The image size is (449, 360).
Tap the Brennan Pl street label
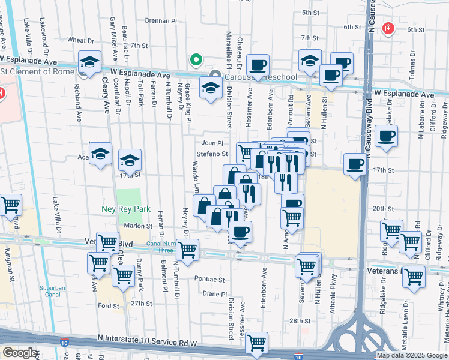coord(161,20)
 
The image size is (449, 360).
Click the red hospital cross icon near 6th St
coord(389,28)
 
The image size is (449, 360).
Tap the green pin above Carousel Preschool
coord(195,59)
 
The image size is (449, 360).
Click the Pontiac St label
coord(209,280)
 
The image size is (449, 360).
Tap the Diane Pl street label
coord(215,294)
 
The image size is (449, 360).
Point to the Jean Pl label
coord(212,143)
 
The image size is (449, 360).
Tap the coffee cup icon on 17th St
coord(355,164)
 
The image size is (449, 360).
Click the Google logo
coord(19,353)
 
